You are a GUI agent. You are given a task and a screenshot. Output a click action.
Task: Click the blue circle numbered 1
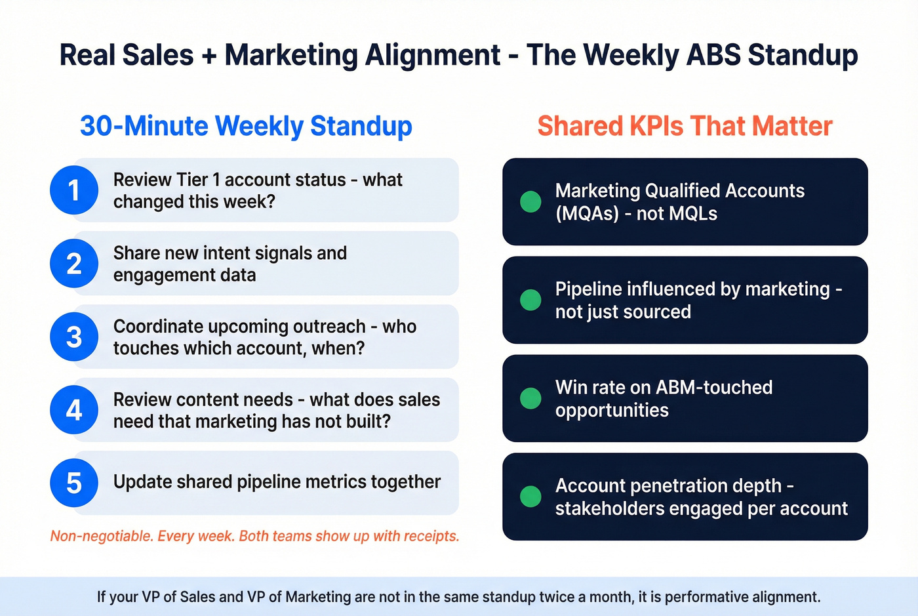(x=74, y=190)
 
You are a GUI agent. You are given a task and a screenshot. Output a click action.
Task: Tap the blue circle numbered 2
(x=74, y=264)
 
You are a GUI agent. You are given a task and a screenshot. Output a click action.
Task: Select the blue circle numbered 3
(x=74, y=337)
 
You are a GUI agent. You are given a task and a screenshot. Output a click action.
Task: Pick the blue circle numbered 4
(x=74, y=410)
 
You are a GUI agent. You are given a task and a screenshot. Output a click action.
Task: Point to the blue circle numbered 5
(x=74, y=483)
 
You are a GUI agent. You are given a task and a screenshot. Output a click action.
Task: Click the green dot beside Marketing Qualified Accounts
(x=530, y=201)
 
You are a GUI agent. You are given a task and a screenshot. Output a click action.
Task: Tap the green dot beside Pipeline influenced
(x=530, y=300)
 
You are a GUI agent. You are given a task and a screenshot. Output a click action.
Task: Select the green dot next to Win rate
(x=530, y=398)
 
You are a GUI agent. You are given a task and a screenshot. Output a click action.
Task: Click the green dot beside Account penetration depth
(x=530, y=497)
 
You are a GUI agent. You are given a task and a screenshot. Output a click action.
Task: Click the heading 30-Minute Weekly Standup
(x=246, y=126)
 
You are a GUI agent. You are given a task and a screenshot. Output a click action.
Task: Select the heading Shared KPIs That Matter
(x=685, y=126)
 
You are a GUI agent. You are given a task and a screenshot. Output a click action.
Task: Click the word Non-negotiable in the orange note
(x=102, y=536)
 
